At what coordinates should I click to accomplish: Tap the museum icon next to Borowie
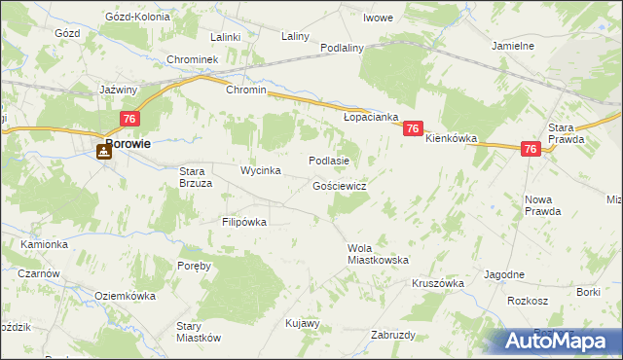click(x=102, y=151)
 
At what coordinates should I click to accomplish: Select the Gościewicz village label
click(x=340, y=185)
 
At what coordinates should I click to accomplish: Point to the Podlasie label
click(x=328, y=161)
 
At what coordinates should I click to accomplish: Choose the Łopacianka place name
click(x=372, y=117)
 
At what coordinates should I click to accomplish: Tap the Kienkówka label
click(x=452, y=139)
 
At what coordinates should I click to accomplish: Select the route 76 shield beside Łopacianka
click(x=413, y=128)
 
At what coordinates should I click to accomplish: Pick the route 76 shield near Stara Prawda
click(x=530, y=149)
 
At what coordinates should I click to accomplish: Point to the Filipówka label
click(x=244, y=222)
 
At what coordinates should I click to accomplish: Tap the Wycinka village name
click(x=261, y=170)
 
